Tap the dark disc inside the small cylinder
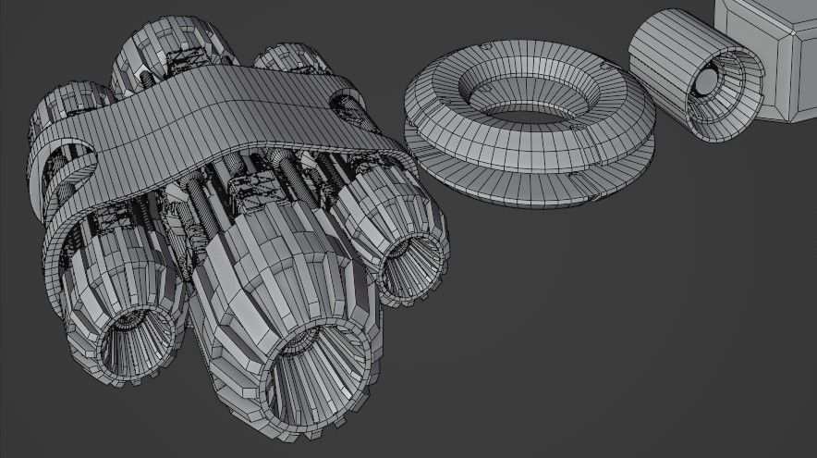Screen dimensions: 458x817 pyautogui.click(x=704, y=83)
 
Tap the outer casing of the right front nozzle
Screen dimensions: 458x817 pyautogui.click(x=370, y=204)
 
